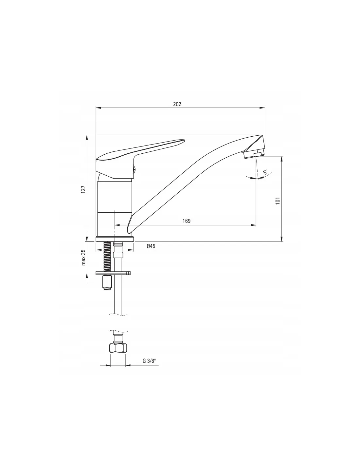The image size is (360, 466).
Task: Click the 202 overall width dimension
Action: click(177, 104)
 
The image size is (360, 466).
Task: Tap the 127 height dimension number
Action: click(83, 189)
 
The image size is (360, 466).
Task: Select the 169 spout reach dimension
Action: click(187, 221)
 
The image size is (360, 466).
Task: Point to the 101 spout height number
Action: click(278, 201)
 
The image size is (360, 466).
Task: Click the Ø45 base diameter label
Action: click(151, 246)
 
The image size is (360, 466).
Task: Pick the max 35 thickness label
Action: click(83, 257)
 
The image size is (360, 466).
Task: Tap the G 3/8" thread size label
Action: click(149, 361)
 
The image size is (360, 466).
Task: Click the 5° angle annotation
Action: click(265, 172)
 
